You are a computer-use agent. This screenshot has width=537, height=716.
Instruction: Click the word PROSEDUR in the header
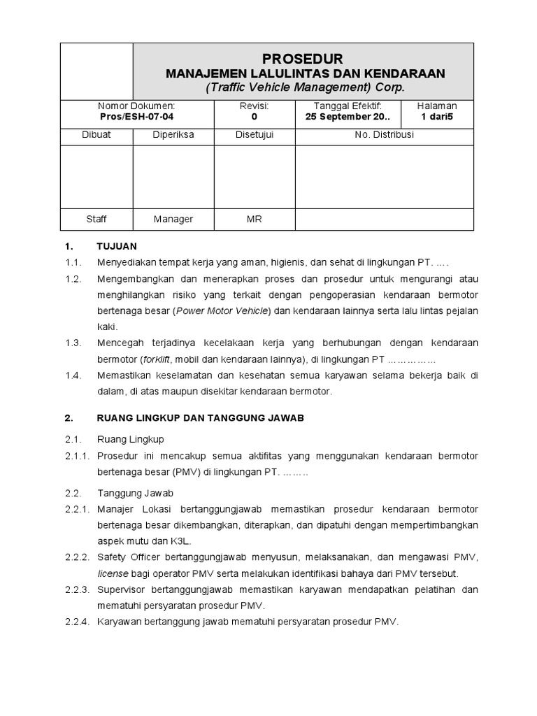(x=303, y=58)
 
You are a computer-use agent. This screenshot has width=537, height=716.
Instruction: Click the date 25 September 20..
(x=348, y=117)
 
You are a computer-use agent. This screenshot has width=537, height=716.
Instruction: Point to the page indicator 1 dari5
(x=437, y=117)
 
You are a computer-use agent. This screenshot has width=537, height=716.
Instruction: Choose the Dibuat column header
(x=96, y=135)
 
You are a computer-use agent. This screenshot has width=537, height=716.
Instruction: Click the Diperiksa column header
(x=173, y=135)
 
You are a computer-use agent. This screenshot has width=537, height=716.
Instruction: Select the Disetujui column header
(x=254, y=135)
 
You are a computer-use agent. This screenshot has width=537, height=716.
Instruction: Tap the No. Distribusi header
(x=384, y=135)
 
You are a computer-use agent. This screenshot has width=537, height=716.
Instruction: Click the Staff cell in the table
(x=96, y=219)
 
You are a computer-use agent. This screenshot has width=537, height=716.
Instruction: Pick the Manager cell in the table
(x=173, y=219)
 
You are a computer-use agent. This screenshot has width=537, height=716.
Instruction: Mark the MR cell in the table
(x=254, y=219)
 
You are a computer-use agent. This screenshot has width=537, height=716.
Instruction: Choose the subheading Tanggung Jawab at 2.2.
(x=131, y=493)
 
